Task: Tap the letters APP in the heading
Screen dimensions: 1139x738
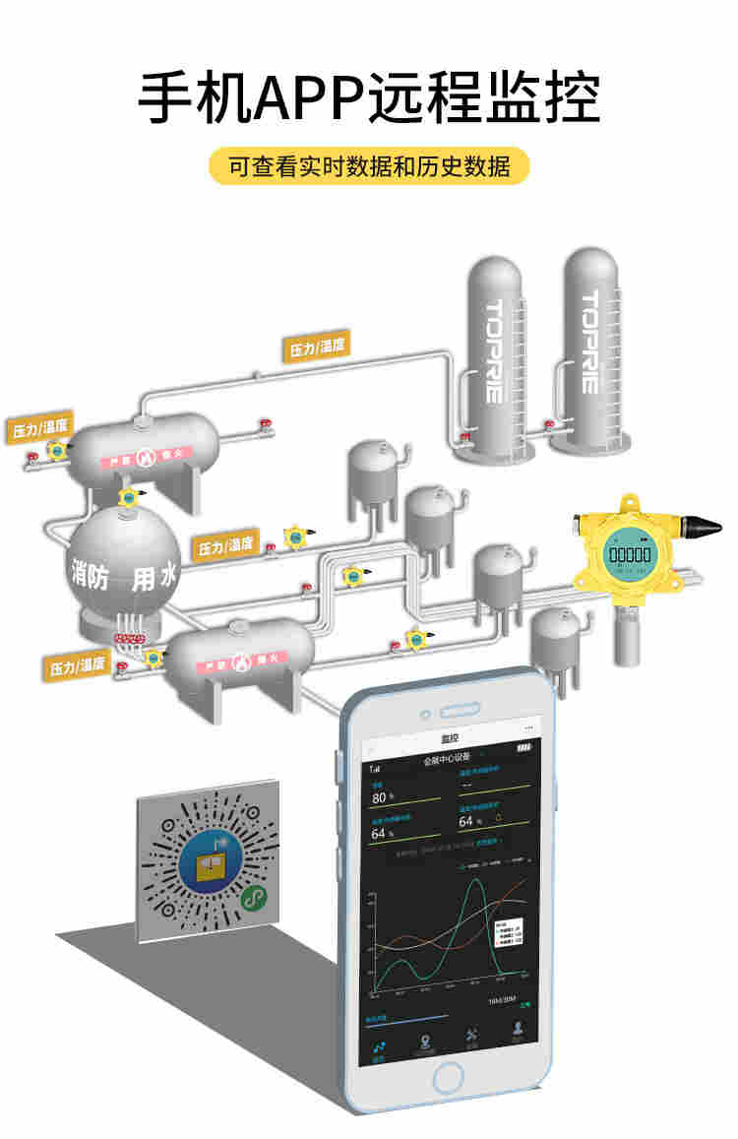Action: click(308, 98)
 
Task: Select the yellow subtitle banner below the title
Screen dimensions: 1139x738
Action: click(369, 166)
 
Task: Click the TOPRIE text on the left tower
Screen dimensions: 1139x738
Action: click(494, 350)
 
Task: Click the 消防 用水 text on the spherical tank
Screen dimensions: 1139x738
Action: click(123, 575)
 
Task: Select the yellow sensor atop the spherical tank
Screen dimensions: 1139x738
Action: click(128, 497)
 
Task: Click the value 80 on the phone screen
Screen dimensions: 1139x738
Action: click(380, 797)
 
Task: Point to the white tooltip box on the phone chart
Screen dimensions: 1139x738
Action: click(508, 935)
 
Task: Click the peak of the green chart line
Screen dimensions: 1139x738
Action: click(477, 881)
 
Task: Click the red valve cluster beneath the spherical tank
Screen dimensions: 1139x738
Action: click(127, 639)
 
